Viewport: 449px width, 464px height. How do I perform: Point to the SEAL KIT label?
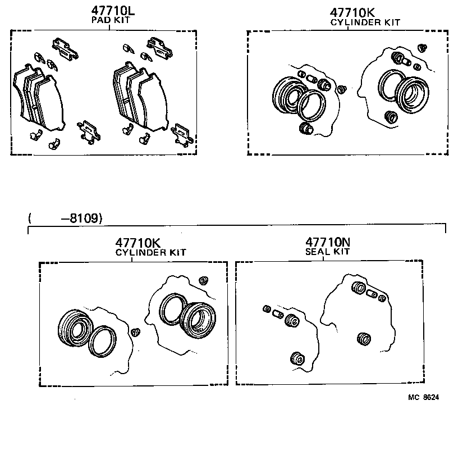pos(327,252)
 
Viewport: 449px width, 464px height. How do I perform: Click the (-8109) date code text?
pos(65,219)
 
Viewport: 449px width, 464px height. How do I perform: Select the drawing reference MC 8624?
pos(423,397)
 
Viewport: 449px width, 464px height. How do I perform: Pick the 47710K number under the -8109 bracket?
pos(138,243)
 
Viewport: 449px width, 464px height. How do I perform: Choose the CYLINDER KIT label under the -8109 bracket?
pos(150,253)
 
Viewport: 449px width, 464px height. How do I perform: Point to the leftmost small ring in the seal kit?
pos(267,309)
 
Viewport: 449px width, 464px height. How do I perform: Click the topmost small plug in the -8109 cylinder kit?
pos(204,279)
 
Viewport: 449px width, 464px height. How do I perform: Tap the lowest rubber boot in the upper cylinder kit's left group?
pos(305,129)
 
